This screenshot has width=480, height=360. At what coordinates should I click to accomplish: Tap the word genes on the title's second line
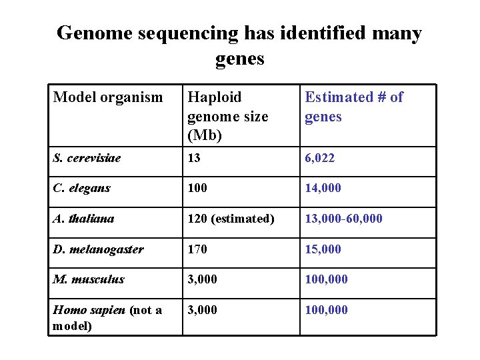pos(240,59)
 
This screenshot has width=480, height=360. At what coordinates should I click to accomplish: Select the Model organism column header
pos(108,97)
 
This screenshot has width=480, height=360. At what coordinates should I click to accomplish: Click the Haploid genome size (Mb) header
pos(227,116)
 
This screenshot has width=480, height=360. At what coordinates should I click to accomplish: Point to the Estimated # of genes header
pos(353,107)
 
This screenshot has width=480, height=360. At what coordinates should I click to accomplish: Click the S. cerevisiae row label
pos(87,158)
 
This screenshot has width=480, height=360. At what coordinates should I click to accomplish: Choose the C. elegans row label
pos(81,188)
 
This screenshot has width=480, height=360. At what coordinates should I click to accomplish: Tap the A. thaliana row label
pos(83,218)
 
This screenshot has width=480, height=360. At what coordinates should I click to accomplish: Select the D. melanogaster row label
pos(98,249)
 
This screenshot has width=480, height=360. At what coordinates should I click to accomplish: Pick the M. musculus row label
pos(89,279)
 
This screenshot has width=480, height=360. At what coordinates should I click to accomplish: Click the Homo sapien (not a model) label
pos(107,317)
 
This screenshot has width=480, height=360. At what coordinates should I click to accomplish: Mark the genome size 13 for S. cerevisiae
pos(194,158)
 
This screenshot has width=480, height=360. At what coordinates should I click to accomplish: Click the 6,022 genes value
pos(320,158)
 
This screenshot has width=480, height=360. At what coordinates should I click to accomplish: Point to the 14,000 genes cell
pos(323,188)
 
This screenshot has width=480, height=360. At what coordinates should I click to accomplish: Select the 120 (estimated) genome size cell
pos(231,218)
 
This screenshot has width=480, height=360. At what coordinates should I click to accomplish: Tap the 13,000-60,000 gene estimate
pos(343,218)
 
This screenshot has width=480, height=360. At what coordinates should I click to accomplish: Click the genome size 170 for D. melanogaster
pos(197,249)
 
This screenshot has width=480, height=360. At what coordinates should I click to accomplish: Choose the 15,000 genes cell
pos(323,249)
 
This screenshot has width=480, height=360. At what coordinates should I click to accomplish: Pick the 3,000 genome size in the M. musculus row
pos(202,279)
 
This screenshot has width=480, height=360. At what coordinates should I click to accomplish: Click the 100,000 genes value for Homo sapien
pos(326,309)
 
